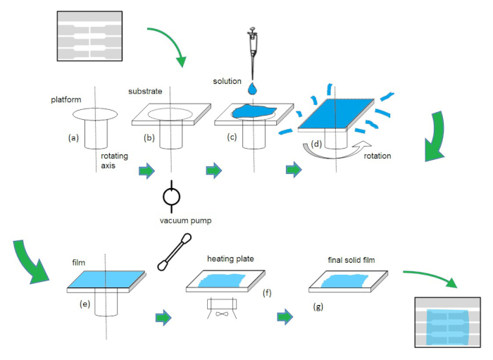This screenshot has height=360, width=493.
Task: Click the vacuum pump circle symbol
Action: (x=171, y=197)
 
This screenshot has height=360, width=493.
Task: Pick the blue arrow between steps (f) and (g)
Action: (x=285, y=317)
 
